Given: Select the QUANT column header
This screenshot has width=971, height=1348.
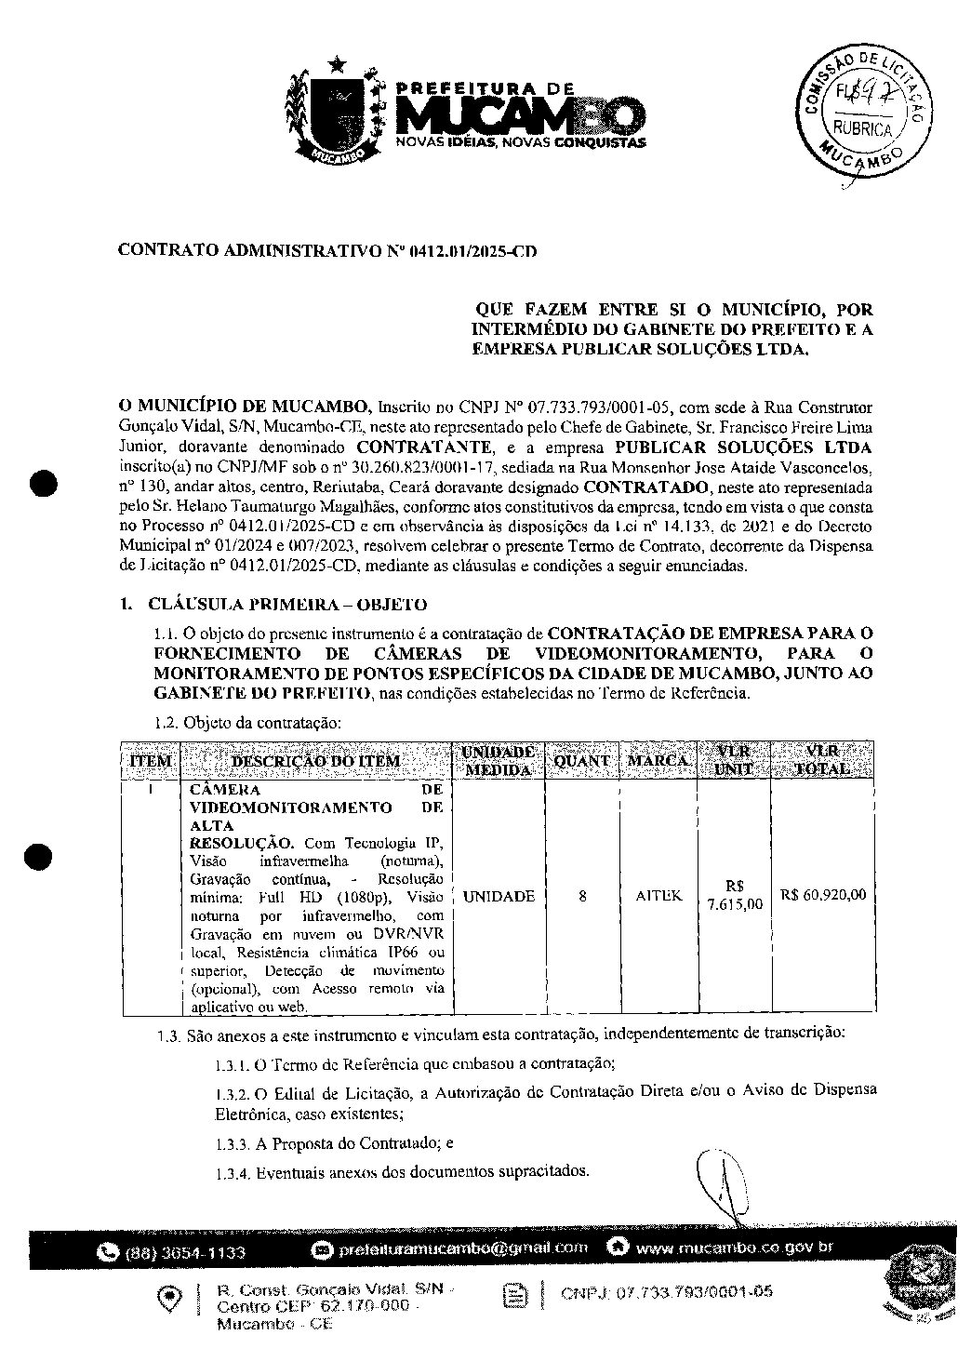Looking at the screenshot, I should tap(581, 760).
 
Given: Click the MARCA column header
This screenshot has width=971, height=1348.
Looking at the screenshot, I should tap(658, 760).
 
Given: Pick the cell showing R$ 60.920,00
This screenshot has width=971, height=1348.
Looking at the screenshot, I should tap(824, 895).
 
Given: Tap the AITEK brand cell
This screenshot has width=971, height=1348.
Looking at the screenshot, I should tap(658, 896).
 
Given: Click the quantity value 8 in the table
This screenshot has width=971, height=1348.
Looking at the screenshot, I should tap(582, 896).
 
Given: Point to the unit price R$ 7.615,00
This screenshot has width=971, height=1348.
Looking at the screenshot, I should tap(735, 895).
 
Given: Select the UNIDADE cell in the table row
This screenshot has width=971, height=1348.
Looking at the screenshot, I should tap(499, 896).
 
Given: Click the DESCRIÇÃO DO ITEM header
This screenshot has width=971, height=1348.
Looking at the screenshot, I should tap(315, 761).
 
